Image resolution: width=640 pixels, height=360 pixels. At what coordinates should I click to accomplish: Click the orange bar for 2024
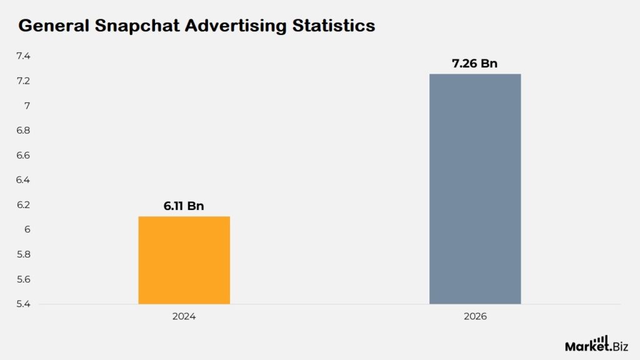[x=184, y=260]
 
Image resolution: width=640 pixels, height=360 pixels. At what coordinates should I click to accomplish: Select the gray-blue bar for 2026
[x=475, y=189]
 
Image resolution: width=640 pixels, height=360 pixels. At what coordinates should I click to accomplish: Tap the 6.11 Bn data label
[x=184, y=206]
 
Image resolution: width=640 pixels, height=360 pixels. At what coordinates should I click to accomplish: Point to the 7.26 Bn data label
[x=475, y=63]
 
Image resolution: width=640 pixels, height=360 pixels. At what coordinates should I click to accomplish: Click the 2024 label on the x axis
[x=184, y=317]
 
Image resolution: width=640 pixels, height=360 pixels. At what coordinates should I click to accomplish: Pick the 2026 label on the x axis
[x=475, y=317]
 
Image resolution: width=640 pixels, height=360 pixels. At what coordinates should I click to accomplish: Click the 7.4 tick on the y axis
[x=23, y=56]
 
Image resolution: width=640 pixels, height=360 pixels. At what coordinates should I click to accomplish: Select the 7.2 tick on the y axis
[x=23, y=81]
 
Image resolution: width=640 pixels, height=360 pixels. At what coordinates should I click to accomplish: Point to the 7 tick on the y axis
[x=27, y=106]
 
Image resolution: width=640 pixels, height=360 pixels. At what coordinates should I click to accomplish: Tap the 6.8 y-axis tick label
[x=23, y=131]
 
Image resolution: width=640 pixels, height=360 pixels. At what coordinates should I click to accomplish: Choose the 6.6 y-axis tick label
[x=23, y=156]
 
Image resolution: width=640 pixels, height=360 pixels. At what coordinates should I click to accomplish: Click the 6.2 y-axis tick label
[x=23, y=205]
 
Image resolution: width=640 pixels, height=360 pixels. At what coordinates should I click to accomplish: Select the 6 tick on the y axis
[x=27, y=230]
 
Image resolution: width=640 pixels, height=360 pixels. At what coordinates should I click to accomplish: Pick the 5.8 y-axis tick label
[x=23, y=255]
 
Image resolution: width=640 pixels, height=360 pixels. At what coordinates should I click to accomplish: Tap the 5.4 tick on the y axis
[x=23, y=304]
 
